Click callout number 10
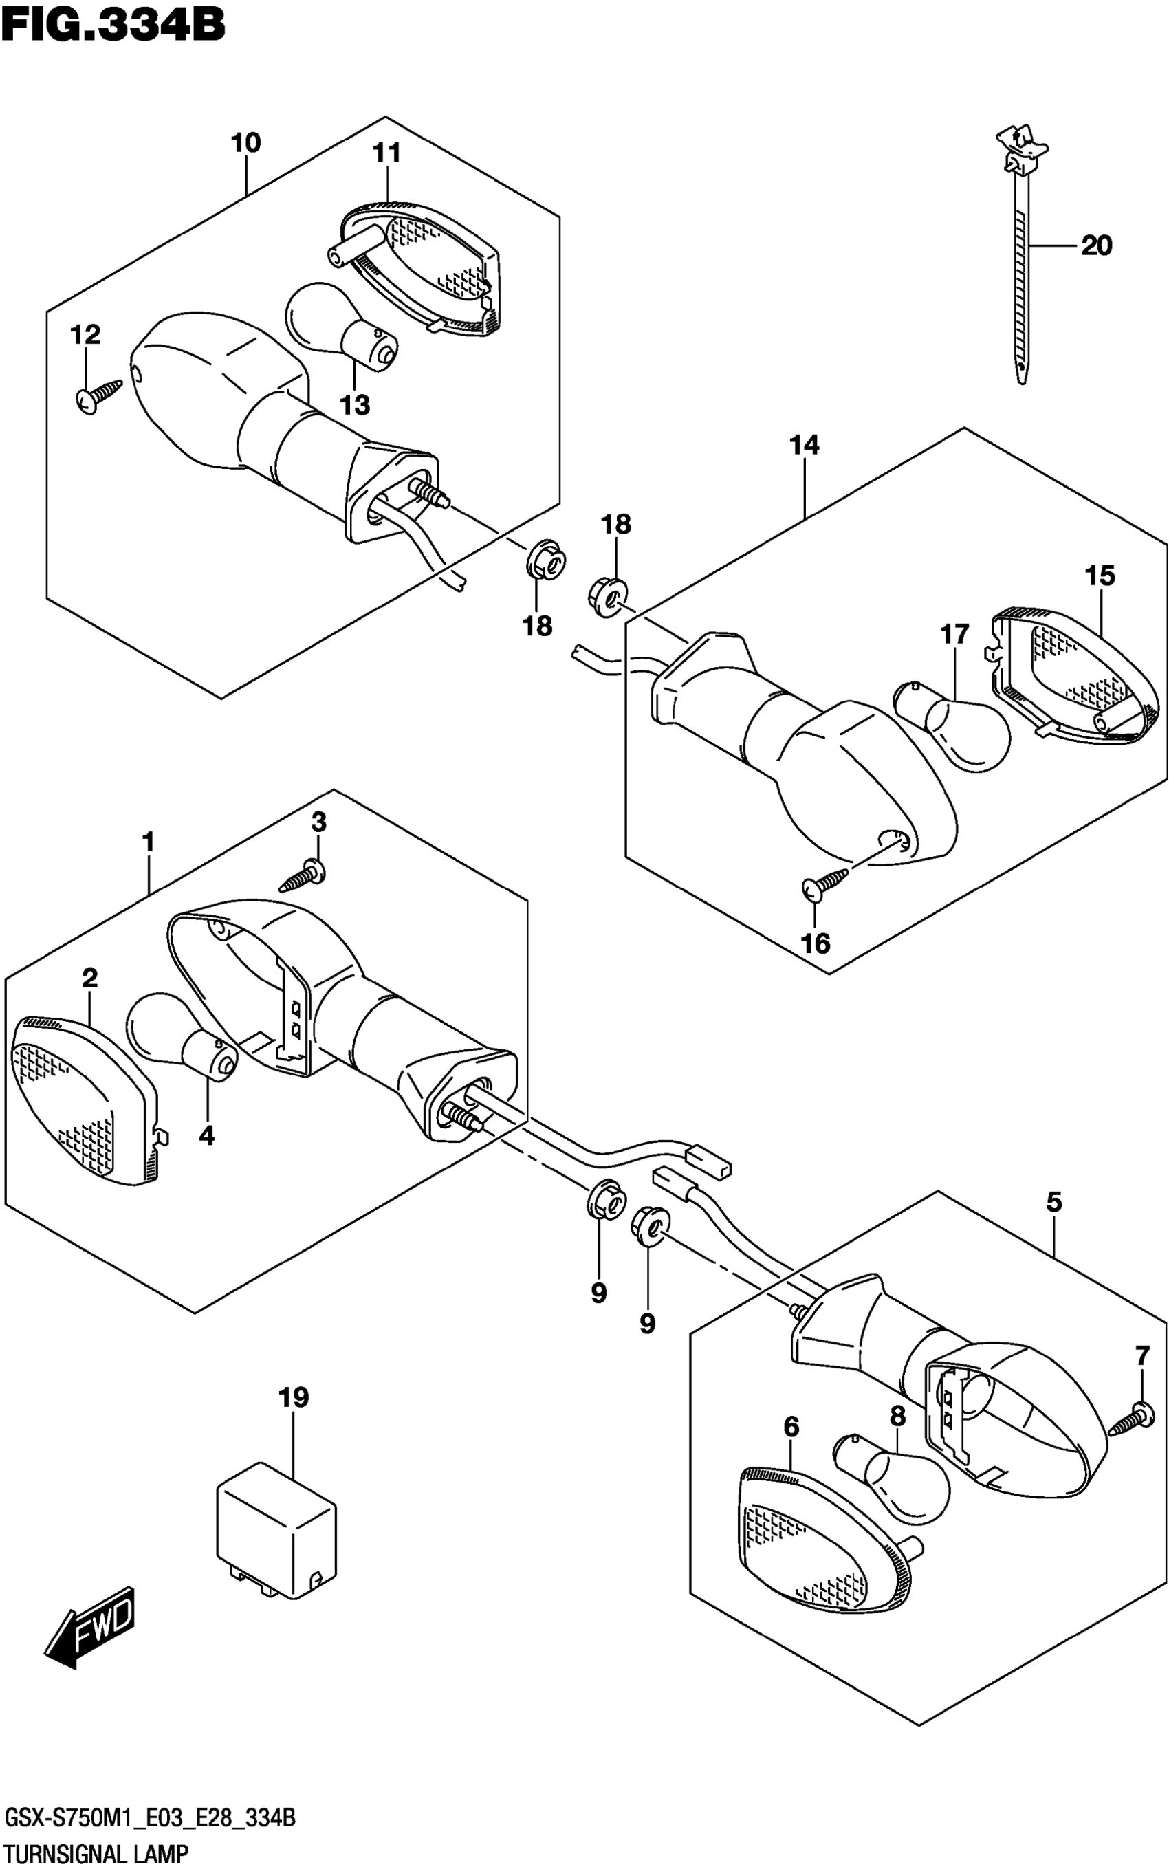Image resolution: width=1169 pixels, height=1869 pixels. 246,143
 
